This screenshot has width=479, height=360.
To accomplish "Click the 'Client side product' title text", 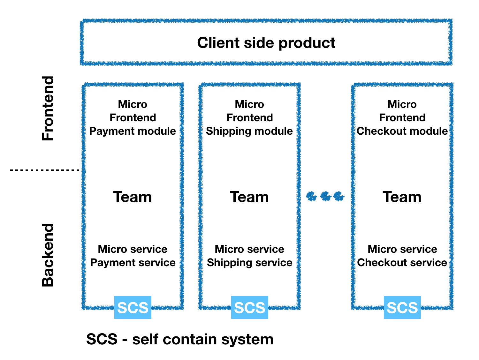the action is (x=266, y=43).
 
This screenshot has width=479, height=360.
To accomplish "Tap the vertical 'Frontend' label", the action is (x=48, y=109).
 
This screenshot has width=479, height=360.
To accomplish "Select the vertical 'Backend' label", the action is (x=48, y=255).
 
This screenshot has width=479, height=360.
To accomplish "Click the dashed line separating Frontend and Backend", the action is (x=45, y=170).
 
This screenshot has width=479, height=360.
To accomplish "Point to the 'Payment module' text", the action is (x=133, y=131).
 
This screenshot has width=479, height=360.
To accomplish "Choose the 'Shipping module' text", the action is (x=249, y=131).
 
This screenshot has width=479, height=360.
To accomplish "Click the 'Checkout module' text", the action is (x=402, y=131).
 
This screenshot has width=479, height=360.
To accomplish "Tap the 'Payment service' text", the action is (x=133, y=263).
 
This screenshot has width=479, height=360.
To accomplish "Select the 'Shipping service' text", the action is (x=249, y=263).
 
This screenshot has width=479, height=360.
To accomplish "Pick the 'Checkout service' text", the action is (x=402, y=262).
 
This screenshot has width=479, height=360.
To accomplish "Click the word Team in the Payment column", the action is (x=133, y=197).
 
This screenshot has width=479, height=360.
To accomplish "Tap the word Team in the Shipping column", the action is (x=249, y=197).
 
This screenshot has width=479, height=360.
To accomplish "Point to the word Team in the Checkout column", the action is (x=402, y=197).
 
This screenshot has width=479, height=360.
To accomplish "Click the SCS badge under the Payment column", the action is (x=133, y=307).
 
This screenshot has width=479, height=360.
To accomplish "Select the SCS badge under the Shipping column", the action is (x=250, y=307).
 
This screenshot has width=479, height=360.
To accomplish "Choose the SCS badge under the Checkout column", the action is (x=402, y=307).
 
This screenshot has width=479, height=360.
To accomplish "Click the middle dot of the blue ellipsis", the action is (x=326, y=196).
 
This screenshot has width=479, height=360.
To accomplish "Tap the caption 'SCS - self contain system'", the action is (x=180, y=339).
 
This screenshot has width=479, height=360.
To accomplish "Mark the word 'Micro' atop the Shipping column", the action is (x=249, y=104).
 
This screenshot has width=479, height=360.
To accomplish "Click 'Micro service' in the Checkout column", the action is (x=402, y=249).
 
